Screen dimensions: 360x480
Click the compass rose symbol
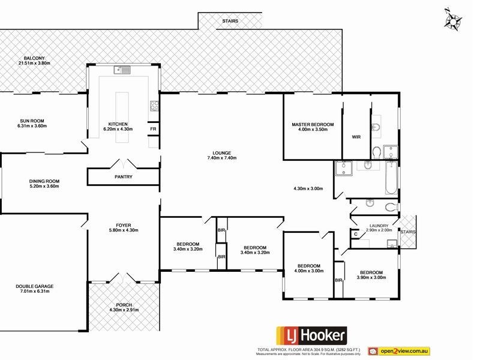pyautogui.click(x=454, y=20)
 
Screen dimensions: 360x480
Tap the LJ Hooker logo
pyautogui.click(x=310, y=335)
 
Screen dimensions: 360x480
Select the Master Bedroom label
pyautogui.click(x=312, y=125)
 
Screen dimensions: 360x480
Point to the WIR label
pyautogui.click(x=356, y=137)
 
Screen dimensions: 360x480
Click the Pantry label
pyautogui.click(x=123, y=177)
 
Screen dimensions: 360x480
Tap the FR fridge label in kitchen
pyautogui.click(x=153, y=129)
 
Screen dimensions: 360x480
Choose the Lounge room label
pyautogui.click(x=221, y=152)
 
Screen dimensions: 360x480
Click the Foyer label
pyautogui.click(x=123, y=224)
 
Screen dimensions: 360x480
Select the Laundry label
pyautogui.click(x=378, y=225)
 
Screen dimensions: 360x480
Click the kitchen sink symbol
pyautogui.click(x=123, y=70)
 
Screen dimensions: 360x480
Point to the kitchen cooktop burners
pyautogui.click(x=154, y=107)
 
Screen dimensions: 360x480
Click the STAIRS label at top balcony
pyautogui.click(x=230, y=21)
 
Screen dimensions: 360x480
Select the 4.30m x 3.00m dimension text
pyautogui.click(x=308, y=189)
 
